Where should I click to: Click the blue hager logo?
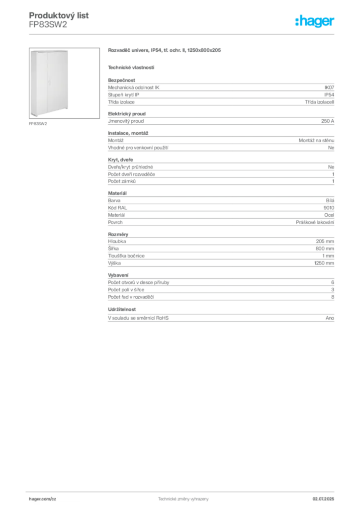tap(316, 22)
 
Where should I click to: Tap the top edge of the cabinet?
tap(50, 50)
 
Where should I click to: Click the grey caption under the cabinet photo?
tap(37, 123)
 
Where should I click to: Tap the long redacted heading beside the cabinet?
tap(165, 51)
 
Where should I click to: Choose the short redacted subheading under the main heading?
tap(131, 67)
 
